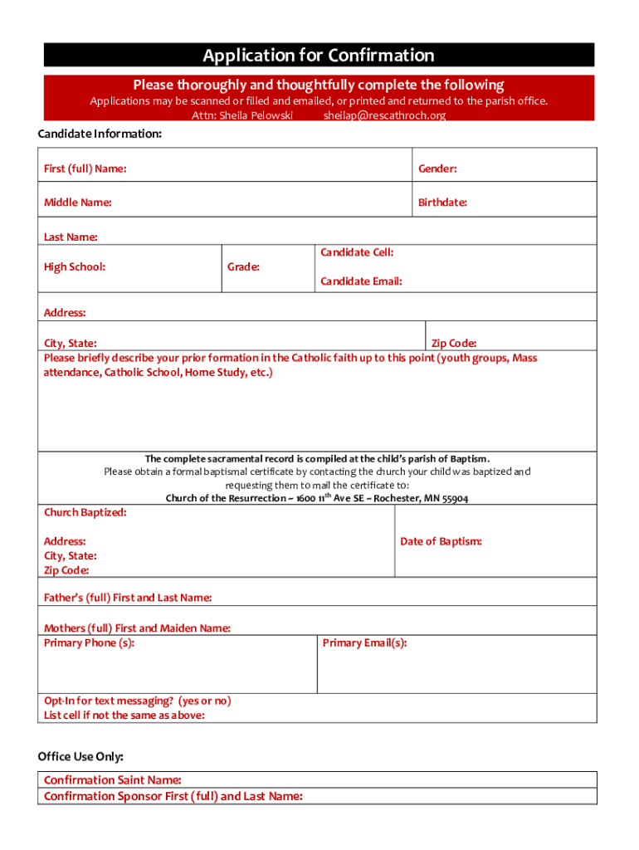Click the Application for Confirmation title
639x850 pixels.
319,56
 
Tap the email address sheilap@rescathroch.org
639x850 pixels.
384,115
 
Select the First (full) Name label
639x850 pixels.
85,169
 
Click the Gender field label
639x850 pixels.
437,169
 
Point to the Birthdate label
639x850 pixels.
442,203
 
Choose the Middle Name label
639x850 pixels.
77,203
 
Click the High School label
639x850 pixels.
75,266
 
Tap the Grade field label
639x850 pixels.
243,267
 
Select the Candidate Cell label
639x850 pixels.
357,252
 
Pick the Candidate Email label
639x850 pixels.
361,281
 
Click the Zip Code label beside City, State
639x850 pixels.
454,343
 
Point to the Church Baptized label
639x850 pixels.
85,512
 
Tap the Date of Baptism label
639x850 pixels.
441,541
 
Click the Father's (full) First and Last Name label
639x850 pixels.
127,598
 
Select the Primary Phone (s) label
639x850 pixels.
89,642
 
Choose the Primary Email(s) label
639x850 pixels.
364,642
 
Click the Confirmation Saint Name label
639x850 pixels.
112,779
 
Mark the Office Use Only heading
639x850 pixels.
80,756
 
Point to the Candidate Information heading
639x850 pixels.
100,134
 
